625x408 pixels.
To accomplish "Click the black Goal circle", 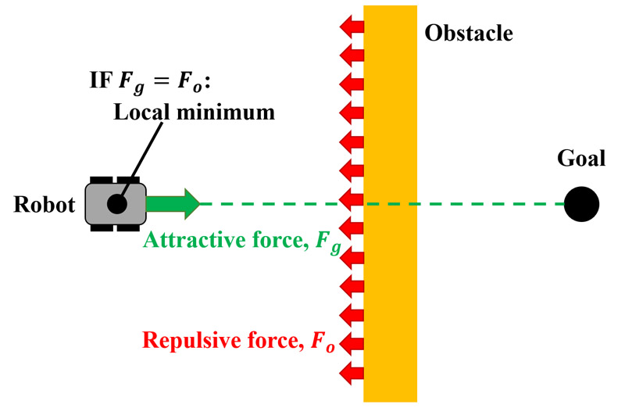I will [581, 204].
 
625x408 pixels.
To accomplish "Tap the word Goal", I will [581, 159].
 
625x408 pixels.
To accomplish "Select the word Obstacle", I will [469, 33].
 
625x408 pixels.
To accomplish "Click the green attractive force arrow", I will [173, 204].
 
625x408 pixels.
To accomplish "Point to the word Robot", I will [44, 205].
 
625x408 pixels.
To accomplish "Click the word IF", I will [103, 80].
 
